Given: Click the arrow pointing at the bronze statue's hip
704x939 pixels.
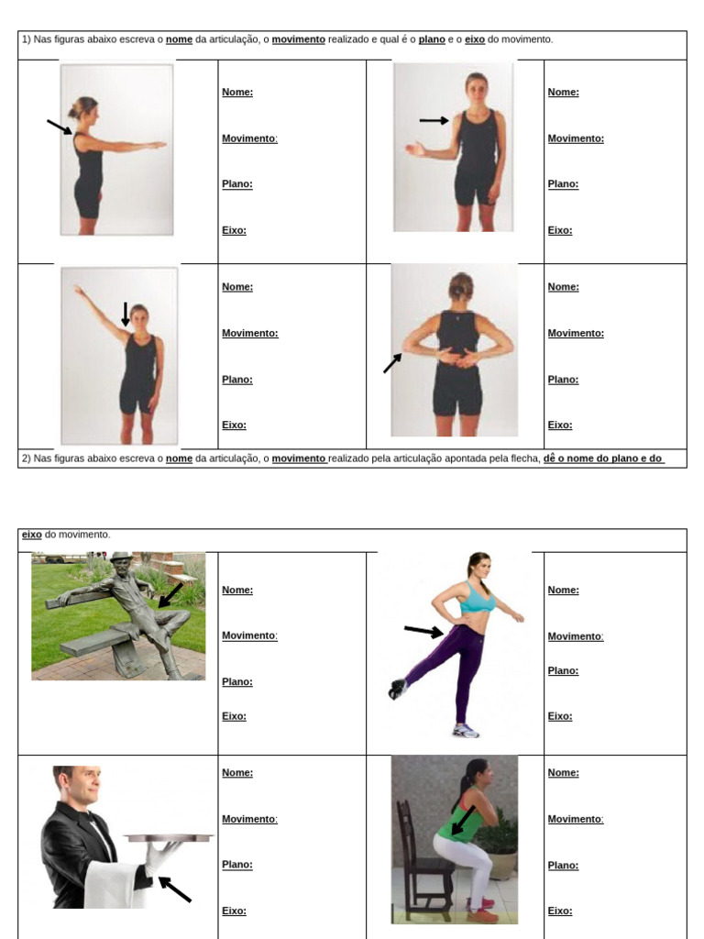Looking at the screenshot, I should tap(170, 595).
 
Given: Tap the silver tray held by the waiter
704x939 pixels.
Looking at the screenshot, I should tap(169, 837).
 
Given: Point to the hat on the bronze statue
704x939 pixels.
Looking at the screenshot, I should tap(121, 557).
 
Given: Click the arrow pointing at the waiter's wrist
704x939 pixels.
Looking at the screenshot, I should tap(175, 889).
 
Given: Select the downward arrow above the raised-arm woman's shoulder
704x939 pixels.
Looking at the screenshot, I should tap(126, 314).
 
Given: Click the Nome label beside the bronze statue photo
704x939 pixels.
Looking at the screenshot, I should tap(237, 590).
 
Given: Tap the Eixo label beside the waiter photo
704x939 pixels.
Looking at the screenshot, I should tap(234, 911).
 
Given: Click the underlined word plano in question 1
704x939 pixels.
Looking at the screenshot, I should tap(432, 39).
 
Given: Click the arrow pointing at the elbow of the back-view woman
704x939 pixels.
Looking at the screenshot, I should tap(391, 364).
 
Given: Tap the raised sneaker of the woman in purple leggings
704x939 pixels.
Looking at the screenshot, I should tap(396, 689).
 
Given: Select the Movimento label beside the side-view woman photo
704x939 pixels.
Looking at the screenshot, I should tap(249, 138).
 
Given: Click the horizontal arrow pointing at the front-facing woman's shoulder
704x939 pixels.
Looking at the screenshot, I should tap(434, 120).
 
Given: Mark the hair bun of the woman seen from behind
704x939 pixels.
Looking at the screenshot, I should tap(460, 280).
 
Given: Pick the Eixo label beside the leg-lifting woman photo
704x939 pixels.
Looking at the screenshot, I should tap(560, 716).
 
